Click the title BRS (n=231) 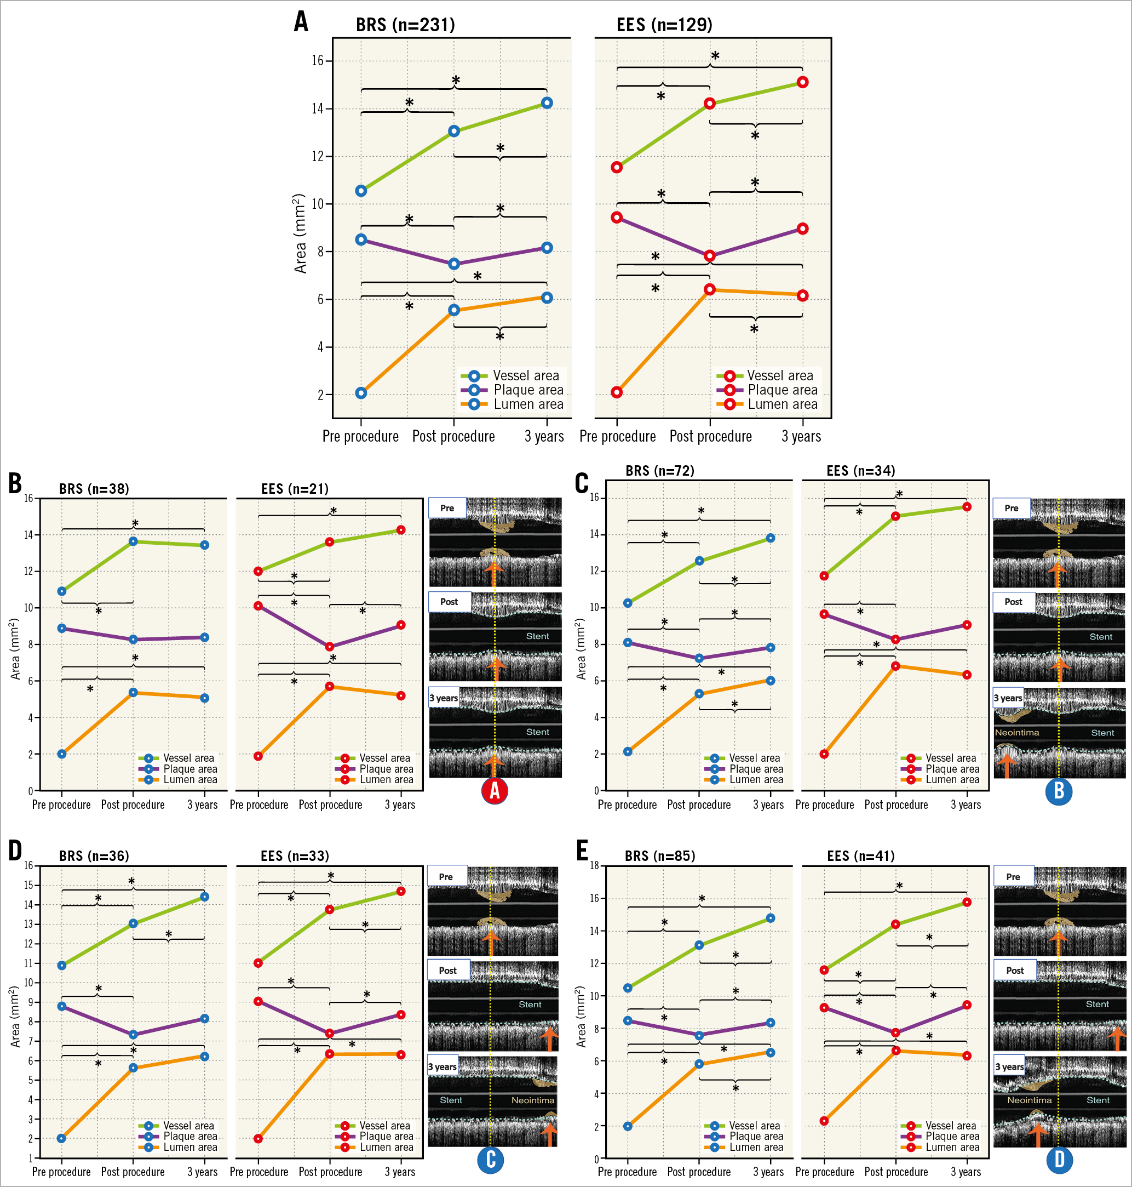pyautogui.click(x=405, y=25)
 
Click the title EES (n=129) pyautogui.click(x=664, y=25)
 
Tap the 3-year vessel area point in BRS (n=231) pyautogui.click(x=547, y=102)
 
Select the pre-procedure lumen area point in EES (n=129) pyautogui.click(x=617, y=392)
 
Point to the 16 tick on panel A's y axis pyautogui.click(x=318, y=60)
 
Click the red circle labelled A pyautogui.click(x=494, y=791)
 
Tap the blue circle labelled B pyautogui.click(x=1059, y=791)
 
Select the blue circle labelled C pyautogui.click(x=491, y=1159)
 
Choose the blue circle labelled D pyautogui.click(x=1059, y=1159)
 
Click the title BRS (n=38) pyautogui.click(x=94, y=489)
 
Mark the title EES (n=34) pyautogui.click(x=860, y=471)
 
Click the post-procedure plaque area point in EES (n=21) pyautogui.click(x=330, y=647)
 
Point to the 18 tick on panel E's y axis pyautogui.click(x=594, y=866)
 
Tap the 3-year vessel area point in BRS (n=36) pyautogui.click(x=205, y=897)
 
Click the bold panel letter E pyautogui.click(x=582, y=851)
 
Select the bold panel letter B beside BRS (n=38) pyautogui.click(x=15, y=483)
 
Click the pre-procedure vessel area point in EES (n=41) pyautogui.click(x=824, y=970)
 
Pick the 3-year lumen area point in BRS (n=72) pyautogui.click(x=771, y=681)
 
